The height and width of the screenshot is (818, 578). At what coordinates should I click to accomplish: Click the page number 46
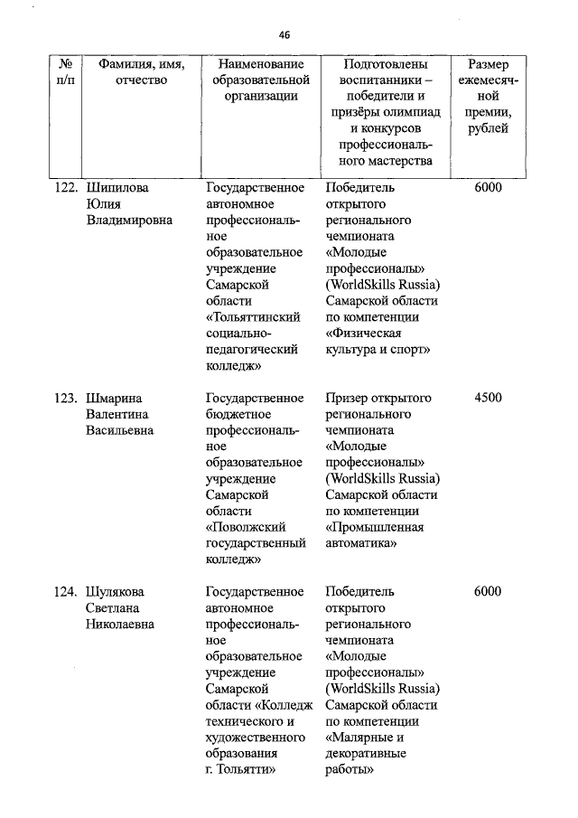pyautogui.click(x=284, y=35)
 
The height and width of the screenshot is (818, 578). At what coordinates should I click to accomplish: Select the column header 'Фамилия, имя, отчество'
pyautogui.click(x=135, y=72)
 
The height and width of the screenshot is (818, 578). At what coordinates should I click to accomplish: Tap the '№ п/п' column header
pyautogui.click(x=64, y=72)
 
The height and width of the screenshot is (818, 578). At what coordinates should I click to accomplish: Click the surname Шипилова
pyautogui.click(x=117, y=188)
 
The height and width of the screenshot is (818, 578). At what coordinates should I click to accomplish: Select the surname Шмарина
pyautogui.click(x=116, y=398)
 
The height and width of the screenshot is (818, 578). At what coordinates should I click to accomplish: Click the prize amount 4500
pyautogui.click(x=488, y=398)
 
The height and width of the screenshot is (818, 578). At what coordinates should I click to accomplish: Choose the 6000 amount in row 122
pyautogui.click(x=488, y=188)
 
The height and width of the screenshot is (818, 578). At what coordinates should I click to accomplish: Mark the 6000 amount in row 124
pyautogui.click(x=488, y=592)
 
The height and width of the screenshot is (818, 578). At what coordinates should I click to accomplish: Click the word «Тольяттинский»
pyautogui.click(x=253, y=317)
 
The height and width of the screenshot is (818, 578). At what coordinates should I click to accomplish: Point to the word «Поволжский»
pyautogui.click(x=247, y=527)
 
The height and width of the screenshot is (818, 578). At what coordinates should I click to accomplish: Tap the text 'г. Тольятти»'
pyautogui.click(x=239, y=770)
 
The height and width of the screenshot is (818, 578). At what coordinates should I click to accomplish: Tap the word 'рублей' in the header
pyautogui.click(x=488, y=129)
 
